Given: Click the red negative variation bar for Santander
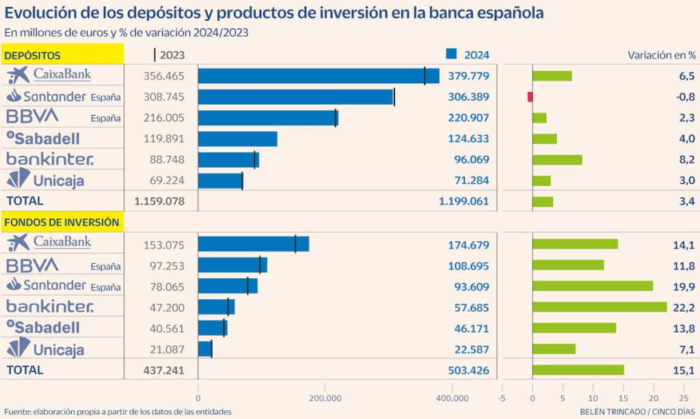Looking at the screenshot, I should (x=530, y=96).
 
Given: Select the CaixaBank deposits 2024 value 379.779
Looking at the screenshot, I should (x=464, y=75).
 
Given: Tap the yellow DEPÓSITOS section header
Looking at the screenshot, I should (x=64, y=55).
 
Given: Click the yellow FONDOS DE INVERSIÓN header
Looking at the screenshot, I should (x=64, y=221).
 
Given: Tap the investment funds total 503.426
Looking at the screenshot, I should (x=464, y=370).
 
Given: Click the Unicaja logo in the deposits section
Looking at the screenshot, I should (x=46, y=180).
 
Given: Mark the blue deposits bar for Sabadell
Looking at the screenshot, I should (x=237, y=139).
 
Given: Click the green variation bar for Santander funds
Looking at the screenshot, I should (x=593, y=286).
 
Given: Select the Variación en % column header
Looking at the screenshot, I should (x=661, y=55).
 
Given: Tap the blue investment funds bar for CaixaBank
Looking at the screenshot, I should (x=253, y=244).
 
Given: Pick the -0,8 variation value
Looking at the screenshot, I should (x=684, y=96).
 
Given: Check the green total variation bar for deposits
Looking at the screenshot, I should (x=543, y=202).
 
